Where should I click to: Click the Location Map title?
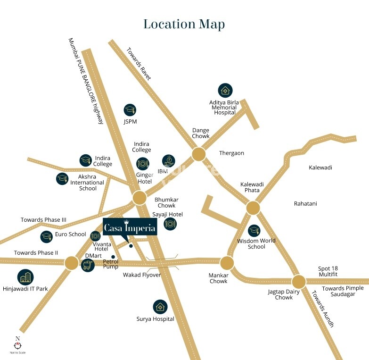184,24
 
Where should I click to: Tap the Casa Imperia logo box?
130,227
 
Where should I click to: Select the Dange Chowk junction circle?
198,154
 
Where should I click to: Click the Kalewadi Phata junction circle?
253,208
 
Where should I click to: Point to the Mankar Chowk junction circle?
227,263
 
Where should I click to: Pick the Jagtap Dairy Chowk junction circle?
299,282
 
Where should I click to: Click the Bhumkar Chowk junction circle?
139,198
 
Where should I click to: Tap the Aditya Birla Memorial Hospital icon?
225,90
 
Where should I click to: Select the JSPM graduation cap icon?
130,110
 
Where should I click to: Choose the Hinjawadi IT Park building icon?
25,277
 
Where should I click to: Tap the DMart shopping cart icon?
87,265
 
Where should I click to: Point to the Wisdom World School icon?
254,230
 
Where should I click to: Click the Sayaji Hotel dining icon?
170,224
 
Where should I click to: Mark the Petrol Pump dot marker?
113,257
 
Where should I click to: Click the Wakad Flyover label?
142,275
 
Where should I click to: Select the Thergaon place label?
231,153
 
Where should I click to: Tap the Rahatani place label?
305,204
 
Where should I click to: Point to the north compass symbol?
17,344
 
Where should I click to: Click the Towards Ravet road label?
139,63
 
